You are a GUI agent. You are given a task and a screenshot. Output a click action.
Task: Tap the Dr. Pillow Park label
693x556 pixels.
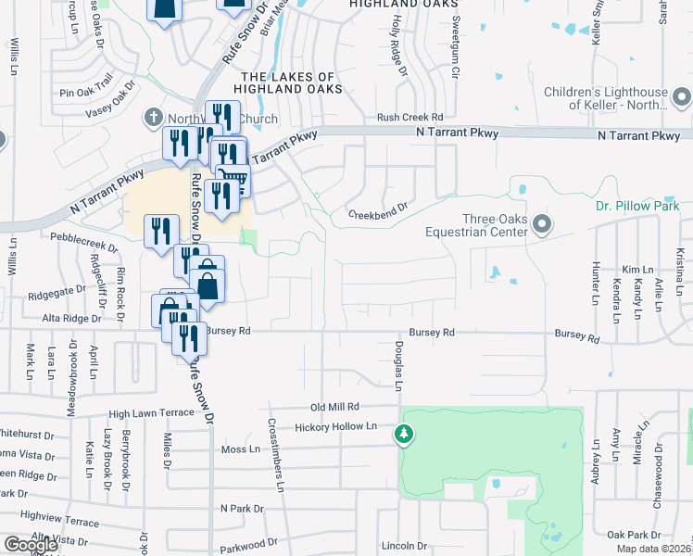(x=638, y=206)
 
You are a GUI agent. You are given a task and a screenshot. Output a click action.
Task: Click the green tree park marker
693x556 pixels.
(x=403, y=433)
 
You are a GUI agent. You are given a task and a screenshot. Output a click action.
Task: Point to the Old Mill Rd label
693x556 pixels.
(x=334, y=407)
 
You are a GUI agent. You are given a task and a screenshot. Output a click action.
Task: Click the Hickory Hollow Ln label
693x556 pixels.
(x=336, y=427)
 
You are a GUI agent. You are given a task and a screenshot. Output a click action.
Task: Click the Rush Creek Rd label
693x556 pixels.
(x=410, y=118)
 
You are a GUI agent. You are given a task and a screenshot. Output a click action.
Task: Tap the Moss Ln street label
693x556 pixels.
(x=240, y=449)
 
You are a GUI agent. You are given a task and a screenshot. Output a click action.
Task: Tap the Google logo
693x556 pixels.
(x=31, y=545)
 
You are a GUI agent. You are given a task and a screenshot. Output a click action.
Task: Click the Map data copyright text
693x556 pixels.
(x=654, y=549)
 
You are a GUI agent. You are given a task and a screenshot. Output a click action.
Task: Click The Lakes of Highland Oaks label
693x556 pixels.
(x=291, y=82)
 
